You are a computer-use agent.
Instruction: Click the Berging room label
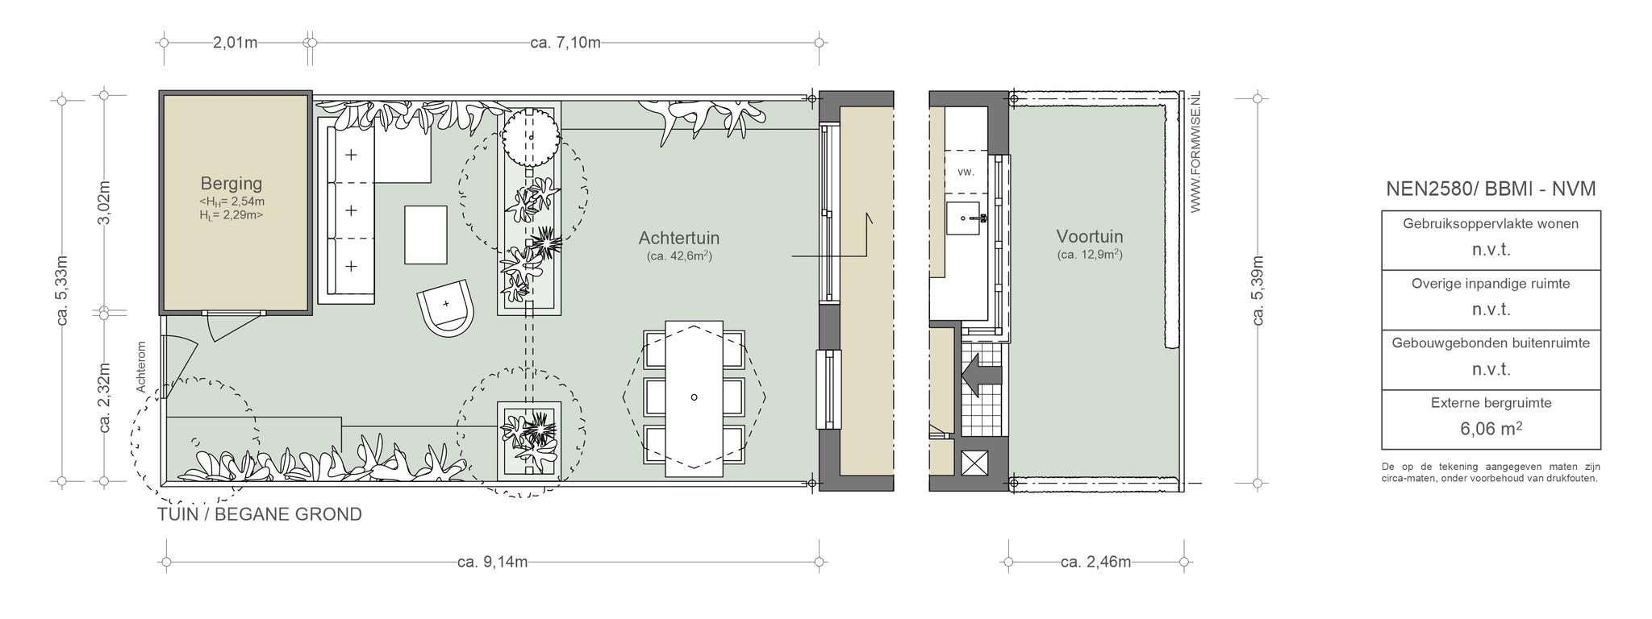232,184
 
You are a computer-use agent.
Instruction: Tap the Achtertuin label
678,238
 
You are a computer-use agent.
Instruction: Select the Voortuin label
1090,236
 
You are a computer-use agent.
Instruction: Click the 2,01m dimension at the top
235,42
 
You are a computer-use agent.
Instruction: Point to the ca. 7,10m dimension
565,42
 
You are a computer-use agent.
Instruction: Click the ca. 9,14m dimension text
492,562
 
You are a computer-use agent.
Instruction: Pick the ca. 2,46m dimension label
1095,562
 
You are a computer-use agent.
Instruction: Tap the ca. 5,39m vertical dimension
1258,290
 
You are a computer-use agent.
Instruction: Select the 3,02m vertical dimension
104,203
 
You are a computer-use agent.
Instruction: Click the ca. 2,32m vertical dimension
104,397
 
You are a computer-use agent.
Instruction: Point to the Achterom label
141,368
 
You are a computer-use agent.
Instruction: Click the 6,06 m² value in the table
1491,428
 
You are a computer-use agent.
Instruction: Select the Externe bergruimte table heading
1491,403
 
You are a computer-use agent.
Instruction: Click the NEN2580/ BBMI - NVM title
1491,189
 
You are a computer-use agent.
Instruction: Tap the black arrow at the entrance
981,375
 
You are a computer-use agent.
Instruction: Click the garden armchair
445,307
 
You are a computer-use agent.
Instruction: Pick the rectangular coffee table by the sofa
425,235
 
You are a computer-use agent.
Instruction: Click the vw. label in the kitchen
966,172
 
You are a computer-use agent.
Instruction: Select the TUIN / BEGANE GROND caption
260,514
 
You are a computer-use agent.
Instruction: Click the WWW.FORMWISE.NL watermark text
1195,152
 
